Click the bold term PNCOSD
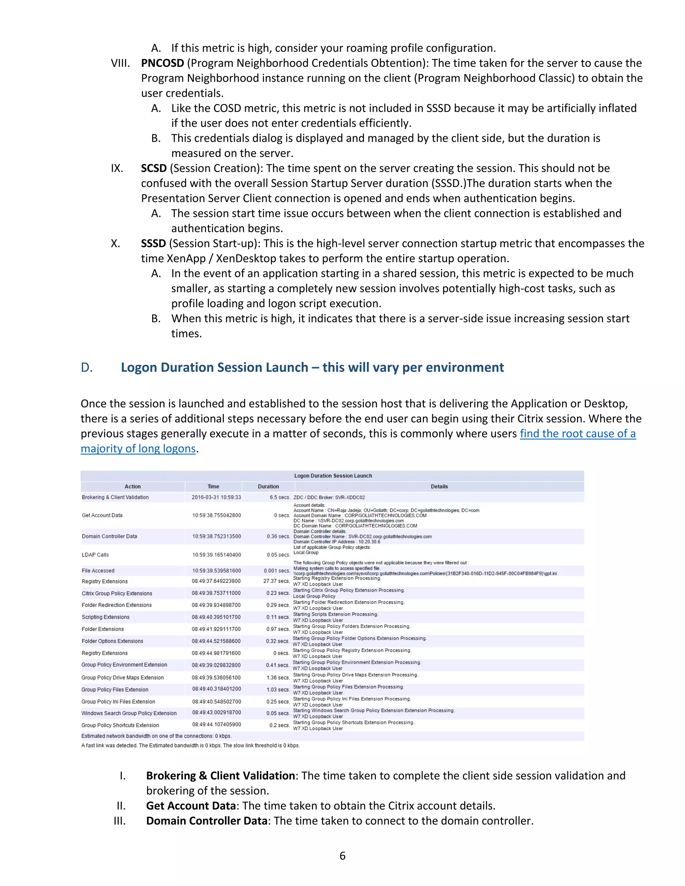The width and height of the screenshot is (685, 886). [x=162, y=63]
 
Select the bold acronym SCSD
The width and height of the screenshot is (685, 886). [x=154, y=169]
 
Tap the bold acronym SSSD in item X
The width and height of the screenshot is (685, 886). [x=154, y=243]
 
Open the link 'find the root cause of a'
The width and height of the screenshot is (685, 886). [x=577, y=434]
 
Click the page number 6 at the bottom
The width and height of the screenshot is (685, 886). [x=342, y=856]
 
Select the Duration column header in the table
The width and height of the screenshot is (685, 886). [x=268, y=486]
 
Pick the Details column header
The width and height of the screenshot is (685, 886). [x=439, y=486]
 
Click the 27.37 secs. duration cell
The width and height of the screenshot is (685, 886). [x=276, y=581]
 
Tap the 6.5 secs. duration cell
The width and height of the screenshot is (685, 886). [x=280, y=497]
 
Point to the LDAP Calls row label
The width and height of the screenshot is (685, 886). [x=95, y=555]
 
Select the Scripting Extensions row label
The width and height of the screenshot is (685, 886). [x=105, y=617]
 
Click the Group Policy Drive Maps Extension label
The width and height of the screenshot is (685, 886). [x=122, y=677]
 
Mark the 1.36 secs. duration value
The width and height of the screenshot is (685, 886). [x=278, y=677]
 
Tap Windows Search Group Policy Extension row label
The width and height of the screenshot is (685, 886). [x=129, y=713]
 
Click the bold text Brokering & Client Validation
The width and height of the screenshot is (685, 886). [x=220, y=776]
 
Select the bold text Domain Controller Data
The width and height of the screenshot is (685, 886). [x=207, y=821]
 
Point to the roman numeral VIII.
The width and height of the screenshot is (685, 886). [x=120, y=63]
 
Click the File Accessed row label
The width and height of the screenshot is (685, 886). [x=98, y=571]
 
